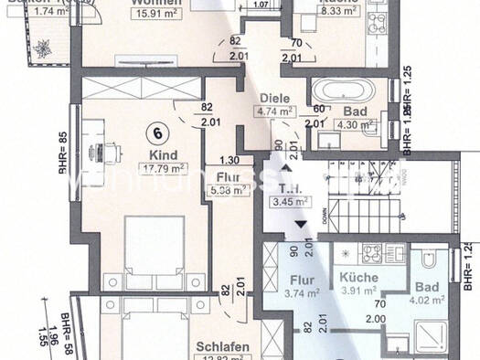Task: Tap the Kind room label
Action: (x=165, y=155)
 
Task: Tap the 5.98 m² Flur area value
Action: (x=228, y=190)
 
